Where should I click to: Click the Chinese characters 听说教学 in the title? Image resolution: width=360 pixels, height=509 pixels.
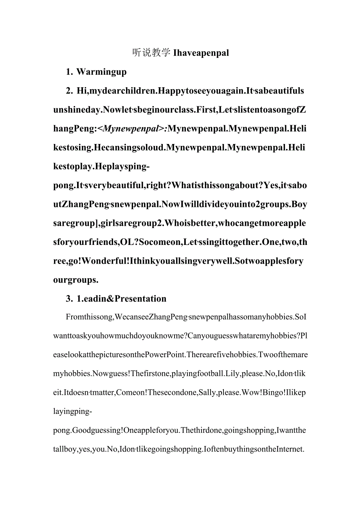pyautogui.click(x=151, y=53)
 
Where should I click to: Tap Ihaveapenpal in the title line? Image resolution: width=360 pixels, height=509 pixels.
pyautogui.click(x=201, y=53)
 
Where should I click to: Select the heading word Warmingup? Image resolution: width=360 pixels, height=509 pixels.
pyautogui.click(x=101, y=72)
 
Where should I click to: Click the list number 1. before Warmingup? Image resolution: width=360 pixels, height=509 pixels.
pyautogui.click(x=70, y=72)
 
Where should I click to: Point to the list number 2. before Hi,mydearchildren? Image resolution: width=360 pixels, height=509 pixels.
pyautogui.click(x=70, y=91)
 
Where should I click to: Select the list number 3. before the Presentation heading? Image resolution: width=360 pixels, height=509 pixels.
pyautogui.click(x=70, y=299)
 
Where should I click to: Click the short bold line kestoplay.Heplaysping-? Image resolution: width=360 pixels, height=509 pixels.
pyautogui.click(x=101, y=167)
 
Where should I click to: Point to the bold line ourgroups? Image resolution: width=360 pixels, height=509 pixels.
pyautogui.click(x=76, y=280)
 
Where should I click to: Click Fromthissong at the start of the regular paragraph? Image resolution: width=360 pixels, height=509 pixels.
pyautogui.click(x=90, y=317)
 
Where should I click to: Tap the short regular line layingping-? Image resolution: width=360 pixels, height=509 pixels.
pyautogui.click(x=73, y=412)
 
